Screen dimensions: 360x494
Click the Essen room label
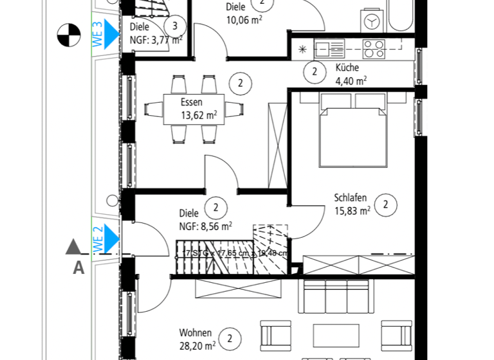pyautogui.click(x=191, y=102)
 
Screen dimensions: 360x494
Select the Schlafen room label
pyautogui.click(x=350, y=198)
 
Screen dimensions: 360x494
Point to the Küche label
pyautogui.click(x=347, y=67)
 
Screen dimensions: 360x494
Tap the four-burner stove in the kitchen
pyautogui.click(x=374, y=48)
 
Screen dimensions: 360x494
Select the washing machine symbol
pyautogui.click(x=371, y=22)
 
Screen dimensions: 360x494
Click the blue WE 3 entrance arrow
pyautogui.click(x=112, y=30)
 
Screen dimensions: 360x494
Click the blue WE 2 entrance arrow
pyautogui.click(x=112, y=237)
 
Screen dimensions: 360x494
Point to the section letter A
pyautogui.click(x=78, y=268)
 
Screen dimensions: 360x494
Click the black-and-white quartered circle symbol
pyautogui.click(x=66, y=33)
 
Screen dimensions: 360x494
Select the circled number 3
pyautogui.click(x=175, y=26)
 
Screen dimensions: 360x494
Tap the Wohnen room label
pyautogui.click(x=196, y=333)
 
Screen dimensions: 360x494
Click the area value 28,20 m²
pyautogui.click(x=196, y=346)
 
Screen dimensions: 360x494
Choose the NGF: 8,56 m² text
pyautogui.click(x=205, y=226)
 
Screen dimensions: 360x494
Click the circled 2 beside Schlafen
pyautogui.click(x=385, y=205)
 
